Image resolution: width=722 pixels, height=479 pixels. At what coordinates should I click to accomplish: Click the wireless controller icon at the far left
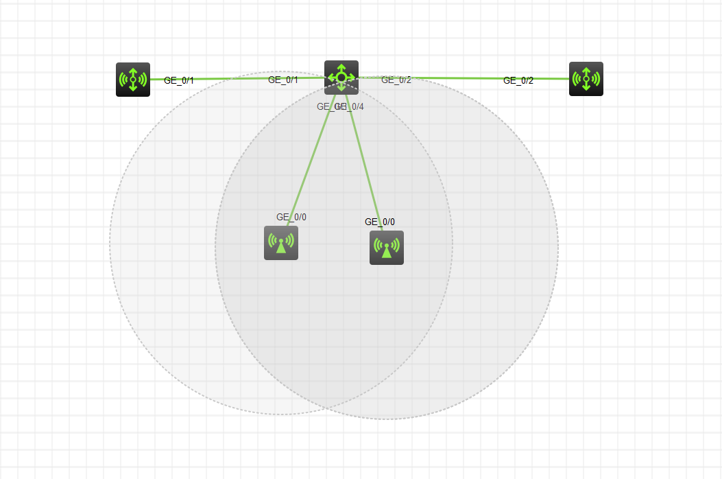click(x=133, y=80)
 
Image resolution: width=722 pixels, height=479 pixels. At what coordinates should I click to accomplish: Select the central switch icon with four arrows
click(x=341, y=77)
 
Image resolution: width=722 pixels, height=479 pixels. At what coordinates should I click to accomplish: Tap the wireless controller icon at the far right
click(x=586, y=79)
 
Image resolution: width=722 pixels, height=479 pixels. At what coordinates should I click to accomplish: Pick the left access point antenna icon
click(x=281, y=243)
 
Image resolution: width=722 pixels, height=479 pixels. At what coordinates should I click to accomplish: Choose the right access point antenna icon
click(x=387, y=248)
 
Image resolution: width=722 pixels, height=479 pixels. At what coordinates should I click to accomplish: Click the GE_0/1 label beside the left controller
click(x=179, y=80)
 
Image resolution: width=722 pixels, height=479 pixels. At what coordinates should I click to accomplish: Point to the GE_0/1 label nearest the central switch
click(x=282, y=80)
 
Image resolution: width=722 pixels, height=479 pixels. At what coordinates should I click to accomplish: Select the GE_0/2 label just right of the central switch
click(x=396, y=80)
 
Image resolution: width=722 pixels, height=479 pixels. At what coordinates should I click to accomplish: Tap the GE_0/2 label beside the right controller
click(x=518, y=80)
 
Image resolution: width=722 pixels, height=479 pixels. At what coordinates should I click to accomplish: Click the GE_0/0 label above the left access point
click(x=291, y=217)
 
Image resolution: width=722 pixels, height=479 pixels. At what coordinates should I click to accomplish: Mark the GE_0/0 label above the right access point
click(x=380, y=222)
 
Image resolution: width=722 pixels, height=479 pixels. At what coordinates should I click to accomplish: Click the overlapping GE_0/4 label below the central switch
click(x=351, y=106)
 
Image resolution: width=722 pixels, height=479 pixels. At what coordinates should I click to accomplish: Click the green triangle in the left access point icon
click(x=281, y=247)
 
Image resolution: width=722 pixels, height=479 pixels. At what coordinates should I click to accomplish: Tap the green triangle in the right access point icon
click(x=387, y=252)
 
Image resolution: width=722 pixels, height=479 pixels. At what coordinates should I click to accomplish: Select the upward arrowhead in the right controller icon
click(x=586, y=69)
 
